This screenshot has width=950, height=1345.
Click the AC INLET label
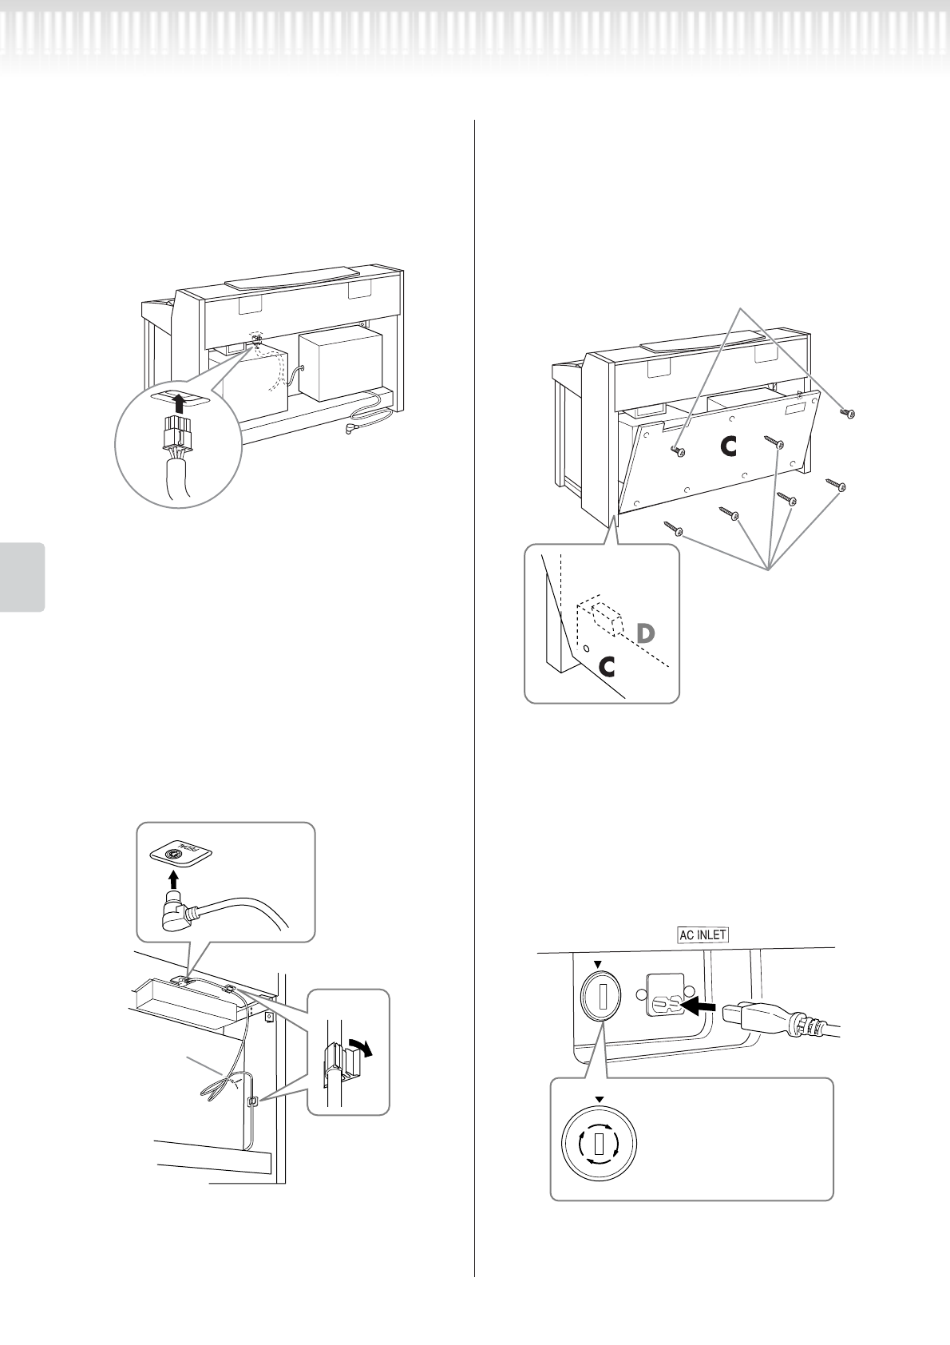[703, 934]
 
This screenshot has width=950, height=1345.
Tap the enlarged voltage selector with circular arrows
[599, 1147]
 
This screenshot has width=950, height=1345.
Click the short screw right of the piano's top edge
[849, 413]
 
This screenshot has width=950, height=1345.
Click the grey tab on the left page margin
[22, 577]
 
